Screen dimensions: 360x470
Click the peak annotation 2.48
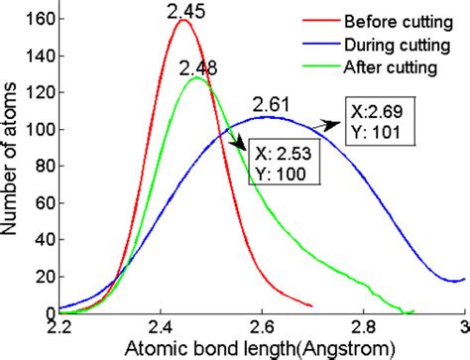coord(199,66)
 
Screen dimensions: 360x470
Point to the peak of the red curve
coord(181,20)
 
